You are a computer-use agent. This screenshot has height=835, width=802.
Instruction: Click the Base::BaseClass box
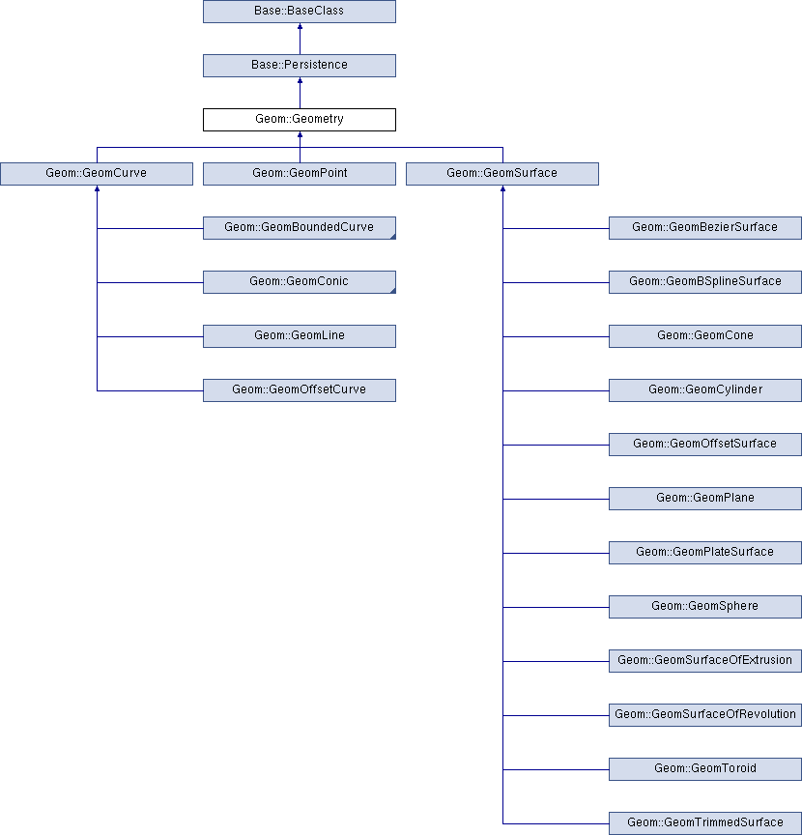click(x=300, y=12)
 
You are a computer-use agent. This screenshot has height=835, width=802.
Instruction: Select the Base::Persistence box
click(x=300, y=66)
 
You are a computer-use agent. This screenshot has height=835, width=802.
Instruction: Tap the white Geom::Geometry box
click(x=300, y=120)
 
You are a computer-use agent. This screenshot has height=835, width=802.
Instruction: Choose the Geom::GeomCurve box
click(x=97, y=174)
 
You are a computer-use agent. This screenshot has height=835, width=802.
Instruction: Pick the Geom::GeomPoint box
click(x=300, y=174)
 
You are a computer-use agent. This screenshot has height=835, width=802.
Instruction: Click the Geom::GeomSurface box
click(x=502, y=174)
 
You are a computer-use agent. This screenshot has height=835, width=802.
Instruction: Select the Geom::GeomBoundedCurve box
click(x=300, y=228)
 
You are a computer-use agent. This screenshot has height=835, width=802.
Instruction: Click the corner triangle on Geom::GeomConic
click(x=393, y=291)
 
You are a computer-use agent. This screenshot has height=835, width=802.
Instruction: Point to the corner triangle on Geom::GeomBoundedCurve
click(x=393, y=237)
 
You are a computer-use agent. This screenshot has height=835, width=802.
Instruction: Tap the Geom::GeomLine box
click(x=300, y=336)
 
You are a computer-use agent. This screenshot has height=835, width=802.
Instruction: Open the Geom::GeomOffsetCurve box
click(x=300, y=390)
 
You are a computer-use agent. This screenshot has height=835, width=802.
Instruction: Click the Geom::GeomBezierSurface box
click(x=705, y=228)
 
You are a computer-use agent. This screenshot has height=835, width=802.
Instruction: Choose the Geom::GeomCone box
click(x=705, y=336)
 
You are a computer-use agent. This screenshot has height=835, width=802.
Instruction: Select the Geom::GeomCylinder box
click(x=705, y=390)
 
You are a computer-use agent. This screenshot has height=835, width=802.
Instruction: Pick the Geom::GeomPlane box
click(x=705, y=499)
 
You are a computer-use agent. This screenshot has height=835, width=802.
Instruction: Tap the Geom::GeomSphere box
click(x=705, y=607)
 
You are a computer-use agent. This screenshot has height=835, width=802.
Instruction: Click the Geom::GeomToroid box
click(x=705, y=769)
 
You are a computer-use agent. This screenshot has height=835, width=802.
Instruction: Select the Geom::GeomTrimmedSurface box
click(x=705, y=823)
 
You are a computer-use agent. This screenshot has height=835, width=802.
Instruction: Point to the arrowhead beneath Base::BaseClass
click(x=300, y=26)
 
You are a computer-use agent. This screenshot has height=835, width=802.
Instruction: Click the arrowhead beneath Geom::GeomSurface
click(x=502, y=188)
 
